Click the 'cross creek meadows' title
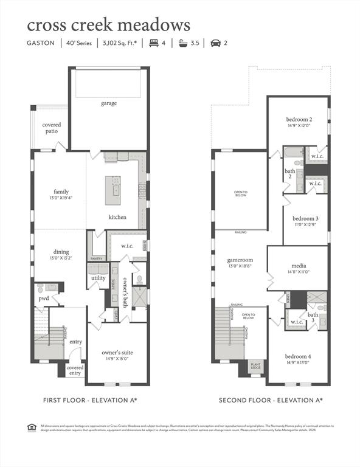point(108,25)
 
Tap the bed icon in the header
point(153,43)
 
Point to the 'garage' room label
point(109,103)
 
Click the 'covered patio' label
point(52,128)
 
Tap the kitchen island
point(113,190)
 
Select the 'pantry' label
point(97,258)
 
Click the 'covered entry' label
point(75,370)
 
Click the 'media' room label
point(298,266)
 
